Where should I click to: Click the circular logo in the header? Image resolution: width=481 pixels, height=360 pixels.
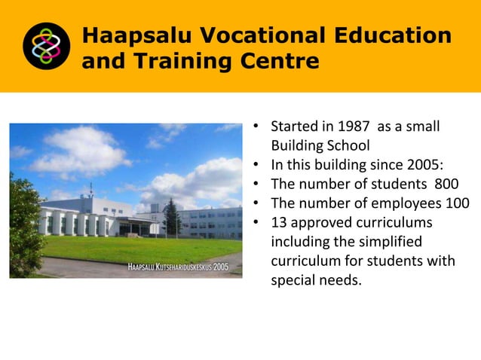click(46, 46)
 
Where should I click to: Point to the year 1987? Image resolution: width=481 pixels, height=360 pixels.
click(354, 126)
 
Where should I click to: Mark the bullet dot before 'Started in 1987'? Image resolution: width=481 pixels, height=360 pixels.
click(256, 126)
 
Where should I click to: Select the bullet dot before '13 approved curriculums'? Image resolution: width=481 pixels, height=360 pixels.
click(256, 223)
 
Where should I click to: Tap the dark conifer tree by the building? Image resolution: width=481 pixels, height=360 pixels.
click(173, 218)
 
